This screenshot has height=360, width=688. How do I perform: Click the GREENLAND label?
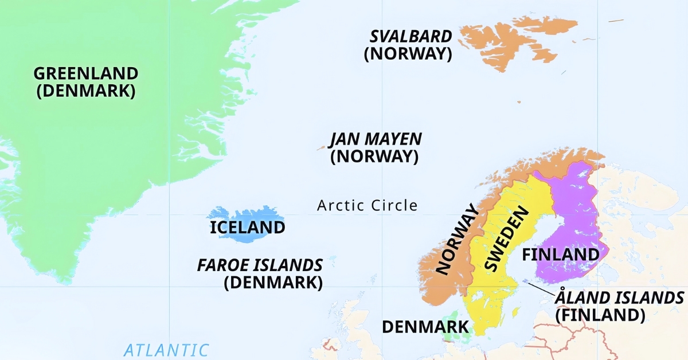[86, 74]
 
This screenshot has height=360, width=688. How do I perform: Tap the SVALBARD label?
[411, 37]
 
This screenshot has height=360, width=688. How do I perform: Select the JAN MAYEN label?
[376, 139]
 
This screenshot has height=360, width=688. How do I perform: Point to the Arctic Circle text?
[368, 205]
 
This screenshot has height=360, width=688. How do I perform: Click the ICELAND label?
[247, 228]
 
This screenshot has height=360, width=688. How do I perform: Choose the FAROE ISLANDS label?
[260, 265]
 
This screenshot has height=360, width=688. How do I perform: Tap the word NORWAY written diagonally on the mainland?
[456, 240]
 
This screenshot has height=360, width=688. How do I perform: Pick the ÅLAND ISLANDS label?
[619, 298]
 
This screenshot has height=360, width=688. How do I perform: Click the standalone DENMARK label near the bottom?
[425, 327]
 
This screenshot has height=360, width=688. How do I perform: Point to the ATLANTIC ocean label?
[166, 350]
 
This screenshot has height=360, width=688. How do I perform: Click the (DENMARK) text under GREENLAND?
[86, 91]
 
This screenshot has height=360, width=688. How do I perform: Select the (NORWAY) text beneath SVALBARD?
[408, 54]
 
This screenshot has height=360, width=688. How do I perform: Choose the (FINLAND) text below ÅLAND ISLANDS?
[600, 315]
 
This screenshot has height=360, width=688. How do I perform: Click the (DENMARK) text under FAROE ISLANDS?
[273, 282]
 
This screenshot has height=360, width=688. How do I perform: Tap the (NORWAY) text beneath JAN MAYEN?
[374, 156]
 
